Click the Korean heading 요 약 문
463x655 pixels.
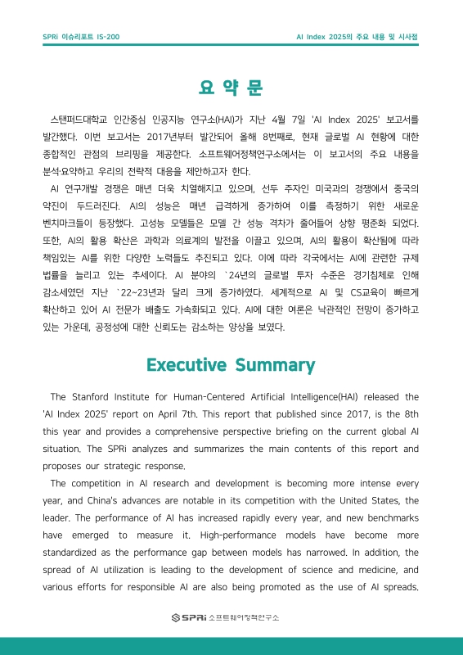click(x=231, y=88)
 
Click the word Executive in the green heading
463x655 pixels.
click(x=194, y=364)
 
